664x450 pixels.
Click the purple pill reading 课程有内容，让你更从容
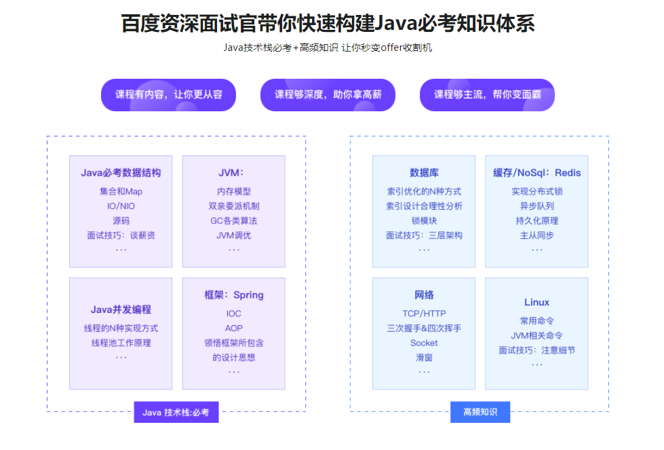[168, 94]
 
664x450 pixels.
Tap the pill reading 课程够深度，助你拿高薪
[328, 94]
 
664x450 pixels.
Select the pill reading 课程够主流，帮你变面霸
[487, 94]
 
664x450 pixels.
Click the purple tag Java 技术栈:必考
[176, 412]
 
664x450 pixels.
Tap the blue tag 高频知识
[480, 412]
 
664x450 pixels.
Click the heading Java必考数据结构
[121, 172]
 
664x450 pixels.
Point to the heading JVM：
[233, 172]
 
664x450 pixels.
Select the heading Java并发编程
[121, 310]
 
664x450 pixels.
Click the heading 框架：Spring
[233, 295]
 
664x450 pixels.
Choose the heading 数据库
[424, 172]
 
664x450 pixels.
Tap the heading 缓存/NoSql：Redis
[536, 172]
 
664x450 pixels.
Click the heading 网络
[424, 295]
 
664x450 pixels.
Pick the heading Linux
[536, 302]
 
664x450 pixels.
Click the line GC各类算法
[233, 221]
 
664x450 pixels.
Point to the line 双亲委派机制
[233, 206]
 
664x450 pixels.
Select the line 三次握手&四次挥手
[424, 328]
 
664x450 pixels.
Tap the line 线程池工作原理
[121, 343]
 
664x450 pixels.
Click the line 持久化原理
[536, 221]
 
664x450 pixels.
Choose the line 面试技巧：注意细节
[536, 350]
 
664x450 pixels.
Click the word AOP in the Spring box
[233, 328]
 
